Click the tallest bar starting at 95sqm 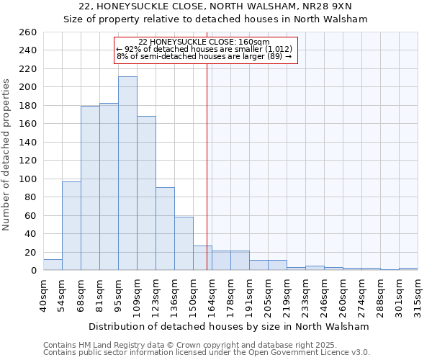click(127, 174)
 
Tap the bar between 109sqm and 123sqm click(146, 193)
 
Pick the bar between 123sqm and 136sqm click(165, 228)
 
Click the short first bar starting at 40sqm click(53, 265)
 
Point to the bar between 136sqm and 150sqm click(184, 243)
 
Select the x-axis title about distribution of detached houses click(228, 326)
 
